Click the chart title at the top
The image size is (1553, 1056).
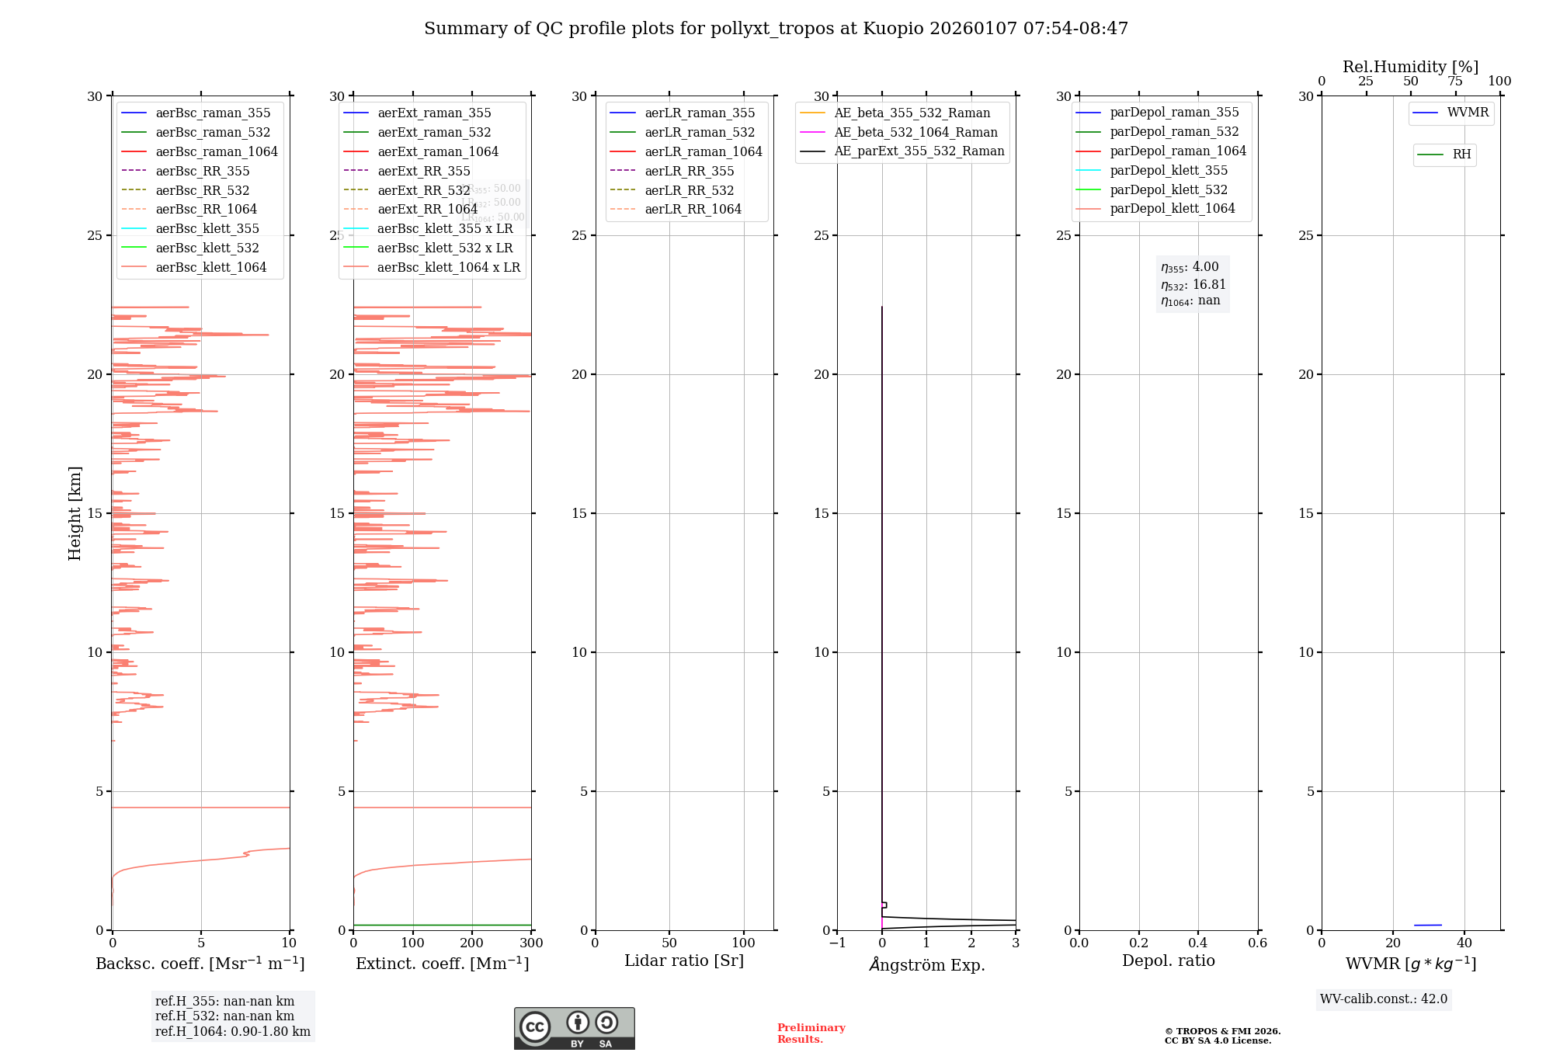click(776, 29)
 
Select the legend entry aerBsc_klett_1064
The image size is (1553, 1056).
click(210, 267)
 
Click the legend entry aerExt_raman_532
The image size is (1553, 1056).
click(434, 132)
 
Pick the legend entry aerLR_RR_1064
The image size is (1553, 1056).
click(693, 209)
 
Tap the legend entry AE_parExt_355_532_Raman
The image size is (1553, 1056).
click(919, 151)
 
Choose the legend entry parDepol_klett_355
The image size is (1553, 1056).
click(1169, 170)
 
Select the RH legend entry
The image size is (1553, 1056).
click(1461, 155)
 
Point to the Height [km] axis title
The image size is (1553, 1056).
click(75, 513)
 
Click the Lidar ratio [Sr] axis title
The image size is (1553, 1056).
click(684, 960)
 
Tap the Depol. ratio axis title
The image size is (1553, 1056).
click(1168, 960)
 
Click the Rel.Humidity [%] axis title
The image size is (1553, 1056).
click(1410, 67)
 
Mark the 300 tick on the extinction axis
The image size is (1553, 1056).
click(531, 943)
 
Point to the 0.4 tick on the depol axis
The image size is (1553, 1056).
click(1198, 943)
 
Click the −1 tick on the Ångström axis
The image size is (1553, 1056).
click(837, 943)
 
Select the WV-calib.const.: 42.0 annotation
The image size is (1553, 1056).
click(1383, 999)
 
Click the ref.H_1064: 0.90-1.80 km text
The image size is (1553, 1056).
click(232, 1032)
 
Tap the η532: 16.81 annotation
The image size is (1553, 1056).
click(1193, 284)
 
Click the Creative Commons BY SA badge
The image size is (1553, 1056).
click(574, 1029)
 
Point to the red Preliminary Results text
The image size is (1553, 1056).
click(811, 1033)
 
